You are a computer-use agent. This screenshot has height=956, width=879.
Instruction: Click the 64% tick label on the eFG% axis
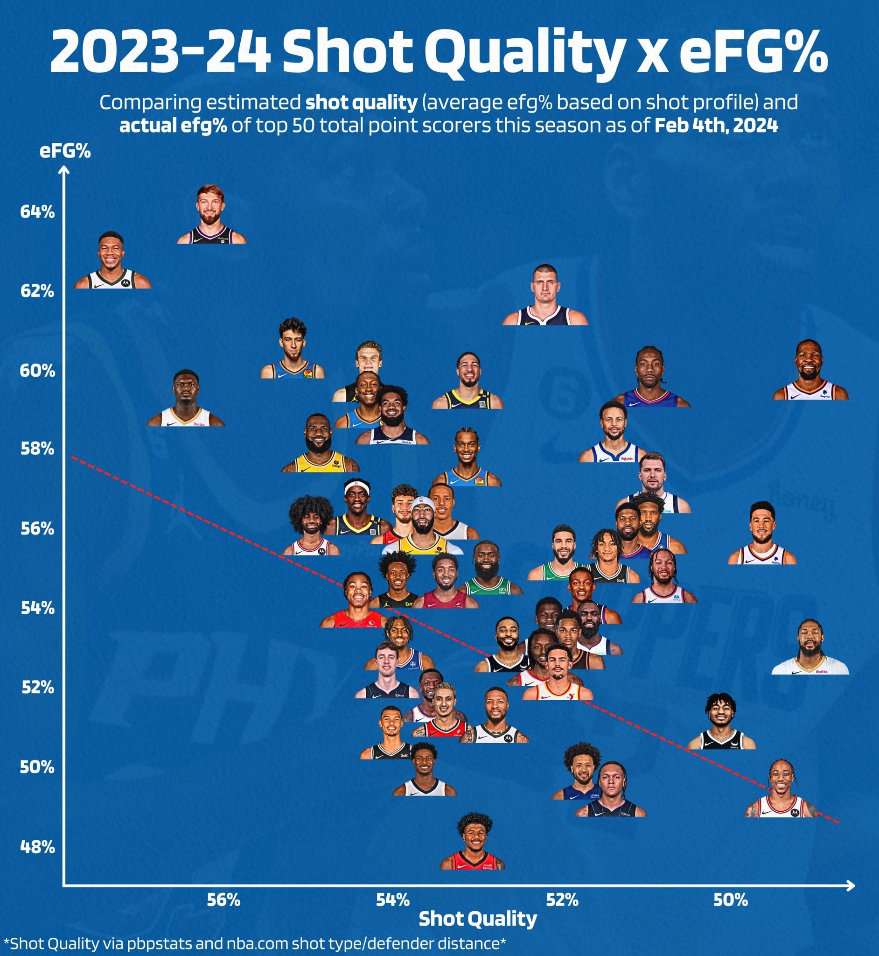(x=37, y=212)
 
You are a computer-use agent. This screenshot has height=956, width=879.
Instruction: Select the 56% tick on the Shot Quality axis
(x=223, y=900)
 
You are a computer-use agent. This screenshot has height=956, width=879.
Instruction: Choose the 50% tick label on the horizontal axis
(x=731, y=900)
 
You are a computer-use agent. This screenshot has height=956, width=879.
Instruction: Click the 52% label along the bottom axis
(x=562, y=900)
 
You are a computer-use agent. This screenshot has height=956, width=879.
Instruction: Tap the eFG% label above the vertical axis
(x=65, y=151)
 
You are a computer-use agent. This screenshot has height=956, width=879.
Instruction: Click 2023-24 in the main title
(x=160, y=51)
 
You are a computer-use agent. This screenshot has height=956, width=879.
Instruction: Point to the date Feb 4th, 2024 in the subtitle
(x=716, y=126)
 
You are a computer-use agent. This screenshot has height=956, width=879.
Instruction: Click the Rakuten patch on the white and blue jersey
(x=628, y=459)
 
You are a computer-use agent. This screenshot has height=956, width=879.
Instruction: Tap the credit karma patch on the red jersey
(x=488, y=866)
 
